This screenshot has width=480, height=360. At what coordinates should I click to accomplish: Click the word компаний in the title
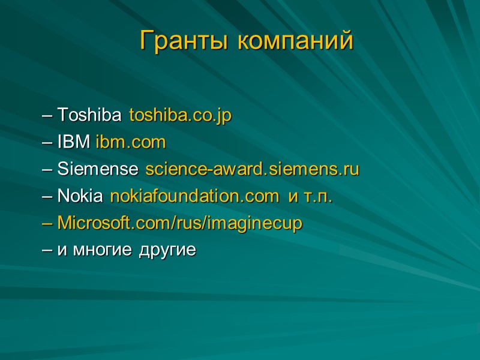(295, 41)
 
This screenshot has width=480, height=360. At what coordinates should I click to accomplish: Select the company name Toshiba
(91, 115)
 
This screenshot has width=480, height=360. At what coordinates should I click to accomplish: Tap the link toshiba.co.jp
(181, 115)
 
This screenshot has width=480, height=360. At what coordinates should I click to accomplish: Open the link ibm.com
(130, 142)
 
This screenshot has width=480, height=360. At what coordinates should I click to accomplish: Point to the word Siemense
(99, 169)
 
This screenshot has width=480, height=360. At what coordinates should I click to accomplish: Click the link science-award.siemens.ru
(252, 169)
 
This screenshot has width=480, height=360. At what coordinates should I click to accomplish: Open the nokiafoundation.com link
(194, 196)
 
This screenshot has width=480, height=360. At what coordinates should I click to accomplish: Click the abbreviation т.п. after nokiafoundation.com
(319, 197)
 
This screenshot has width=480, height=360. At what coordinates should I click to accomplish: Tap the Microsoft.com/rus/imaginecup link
(180, 224)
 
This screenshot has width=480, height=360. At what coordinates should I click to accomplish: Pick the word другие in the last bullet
(167, 251)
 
